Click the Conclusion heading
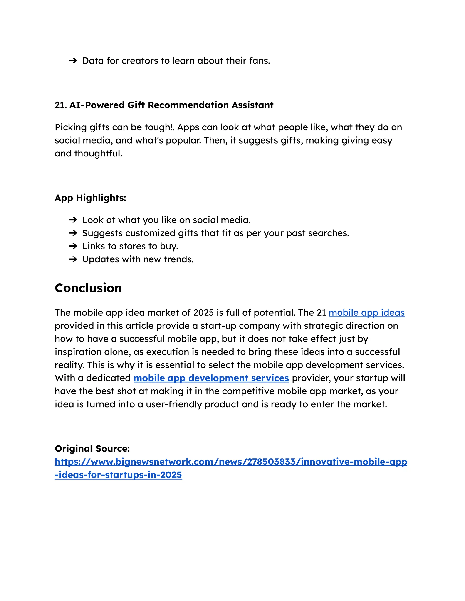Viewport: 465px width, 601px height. coord(88,288)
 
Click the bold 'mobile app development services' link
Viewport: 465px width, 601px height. coord(211,378)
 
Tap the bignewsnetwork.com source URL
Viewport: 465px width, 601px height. coord(231,462)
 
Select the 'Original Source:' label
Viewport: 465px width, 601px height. coord(92,449)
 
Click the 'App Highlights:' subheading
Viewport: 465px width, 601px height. coord(90,198)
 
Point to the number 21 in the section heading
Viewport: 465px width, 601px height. coord(59,105)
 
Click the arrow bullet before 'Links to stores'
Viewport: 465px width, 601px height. coord(73,246)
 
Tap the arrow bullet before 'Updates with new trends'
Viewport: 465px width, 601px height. coord(73,259)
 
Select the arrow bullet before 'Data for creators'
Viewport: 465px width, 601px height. coord(73,61)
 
